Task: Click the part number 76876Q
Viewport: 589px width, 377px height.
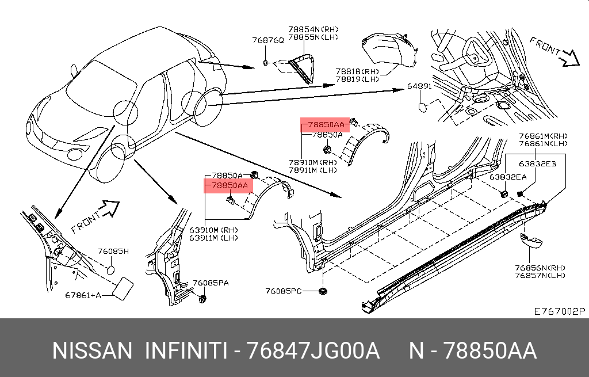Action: click(268, 40)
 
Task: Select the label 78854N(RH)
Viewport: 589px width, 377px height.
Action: click(314, 29)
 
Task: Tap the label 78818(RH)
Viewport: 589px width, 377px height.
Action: click(357, 71)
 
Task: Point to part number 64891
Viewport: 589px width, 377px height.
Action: click(420, 86)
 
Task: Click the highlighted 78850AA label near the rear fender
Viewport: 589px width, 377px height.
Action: click(326, 124)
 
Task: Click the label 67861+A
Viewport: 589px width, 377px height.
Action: click(83, 295)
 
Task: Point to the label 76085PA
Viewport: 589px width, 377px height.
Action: click(211, 283)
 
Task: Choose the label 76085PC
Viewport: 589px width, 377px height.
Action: click(284, 291)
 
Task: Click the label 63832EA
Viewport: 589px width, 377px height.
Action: click(508, 177)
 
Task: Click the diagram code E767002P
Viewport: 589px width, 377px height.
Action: click(559, 311)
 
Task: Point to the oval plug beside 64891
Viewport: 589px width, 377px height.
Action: click(423, 106)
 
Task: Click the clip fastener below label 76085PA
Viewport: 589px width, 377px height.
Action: click(202, 298)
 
